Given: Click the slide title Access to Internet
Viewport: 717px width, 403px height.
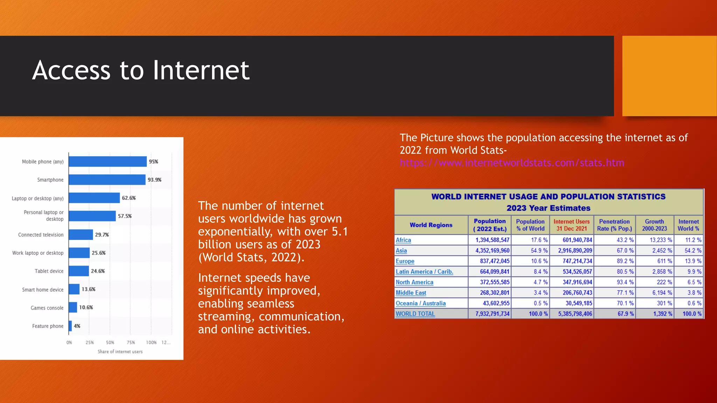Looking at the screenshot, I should (141, 70).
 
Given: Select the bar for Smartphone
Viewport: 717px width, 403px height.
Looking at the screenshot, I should (107, 180).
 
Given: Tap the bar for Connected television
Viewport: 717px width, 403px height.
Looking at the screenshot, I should (81, 235).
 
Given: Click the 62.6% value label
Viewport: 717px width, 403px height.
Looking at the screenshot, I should (129, 198).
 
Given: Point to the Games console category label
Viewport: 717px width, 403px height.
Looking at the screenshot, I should (47, 308).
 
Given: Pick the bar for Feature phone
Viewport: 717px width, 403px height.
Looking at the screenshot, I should (70, 326).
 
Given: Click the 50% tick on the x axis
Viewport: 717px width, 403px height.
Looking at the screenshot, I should (110, 342).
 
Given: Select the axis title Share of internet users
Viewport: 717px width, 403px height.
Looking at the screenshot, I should (120, 352).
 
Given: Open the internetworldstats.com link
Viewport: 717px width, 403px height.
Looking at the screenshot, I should (512, 163).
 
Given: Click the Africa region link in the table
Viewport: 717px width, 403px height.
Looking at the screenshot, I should (403, 240).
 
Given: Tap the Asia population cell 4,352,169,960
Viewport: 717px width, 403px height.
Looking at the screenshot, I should (492, 250).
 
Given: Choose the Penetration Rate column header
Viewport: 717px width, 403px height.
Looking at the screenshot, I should (614, 225).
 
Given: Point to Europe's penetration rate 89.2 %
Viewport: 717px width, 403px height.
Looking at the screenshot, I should (625, 261).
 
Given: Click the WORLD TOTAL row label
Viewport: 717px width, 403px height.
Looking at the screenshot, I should (415, 314).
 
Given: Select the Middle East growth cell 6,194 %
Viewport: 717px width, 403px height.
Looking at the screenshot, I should (662, 293).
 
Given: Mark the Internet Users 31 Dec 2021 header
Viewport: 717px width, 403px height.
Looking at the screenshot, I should (571, 225).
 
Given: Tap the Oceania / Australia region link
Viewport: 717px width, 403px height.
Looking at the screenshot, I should (420, 303).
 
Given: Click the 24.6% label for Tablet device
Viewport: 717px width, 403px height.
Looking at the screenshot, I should (98, 271).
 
